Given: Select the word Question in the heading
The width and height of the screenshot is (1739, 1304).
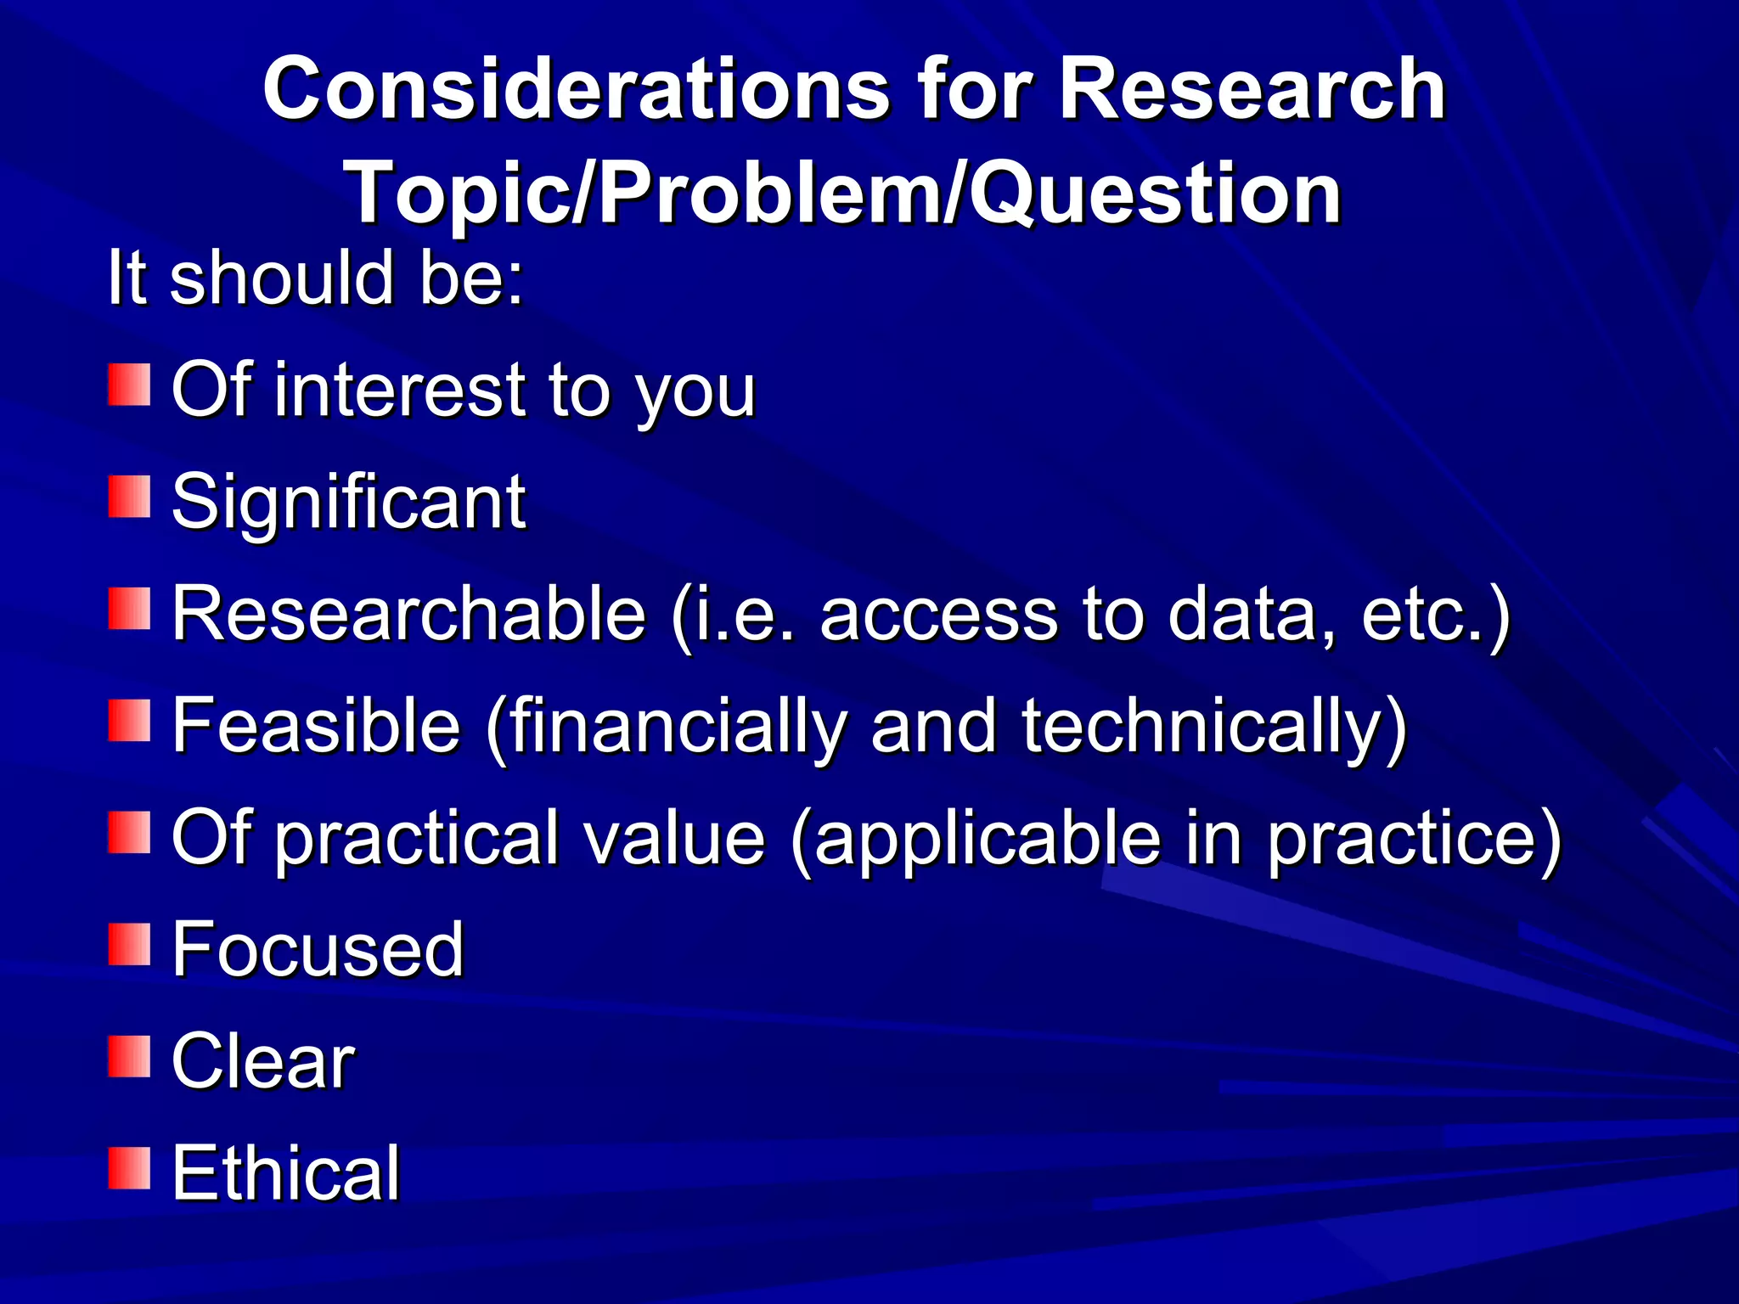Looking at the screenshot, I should coord(1155,195).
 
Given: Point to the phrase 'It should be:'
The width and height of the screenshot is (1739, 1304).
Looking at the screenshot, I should coord(315,278).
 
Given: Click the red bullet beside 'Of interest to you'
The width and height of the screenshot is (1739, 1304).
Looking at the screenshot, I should coord(129,385).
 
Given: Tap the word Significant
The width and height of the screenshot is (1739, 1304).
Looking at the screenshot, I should coord(348,502).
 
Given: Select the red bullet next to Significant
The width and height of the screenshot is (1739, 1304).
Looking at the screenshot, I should coord(129,497).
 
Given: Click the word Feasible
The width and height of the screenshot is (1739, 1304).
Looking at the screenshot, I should coord(316,725).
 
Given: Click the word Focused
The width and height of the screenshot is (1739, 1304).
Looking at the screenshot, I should coord(318,949).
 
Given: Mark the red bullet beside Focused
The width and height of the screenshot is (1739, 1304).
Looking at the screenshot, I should coord(129,945).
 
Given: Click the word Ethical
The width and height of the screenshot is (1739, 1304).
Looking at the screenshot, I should coord(285,1173).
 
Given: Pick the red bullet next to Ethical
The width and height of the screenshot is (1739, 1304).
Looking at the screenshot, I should coord(129,1168).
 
